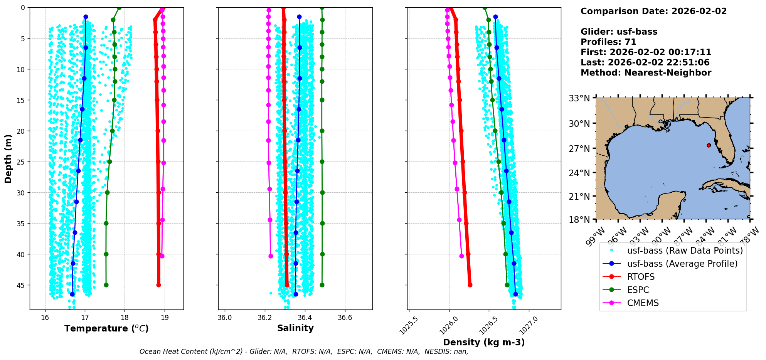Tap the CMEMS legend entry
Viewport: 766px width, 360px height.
(643, 303)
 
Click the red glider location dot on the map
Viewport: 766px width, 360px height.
(709, 145)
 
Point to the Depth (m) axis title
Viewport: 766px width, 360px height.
(8, 159)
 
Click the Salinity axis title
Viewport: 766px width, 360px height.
(295, 328)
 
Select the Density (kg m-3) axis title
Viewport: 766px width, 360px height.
(484, 342)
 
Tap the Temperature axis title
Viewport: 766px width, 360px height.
(106, 328)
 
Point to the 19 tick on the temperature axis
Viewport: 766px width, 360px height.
(165, 318)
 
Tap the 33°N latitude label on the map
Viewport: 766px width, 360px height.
(579, 98)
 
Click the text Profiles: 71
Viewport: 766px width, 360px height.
(608, 42)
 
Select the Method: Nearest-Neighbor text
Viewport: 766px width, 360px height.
(646, 72)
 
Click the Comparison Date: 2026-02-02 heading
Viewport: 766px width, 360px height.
(653, 11)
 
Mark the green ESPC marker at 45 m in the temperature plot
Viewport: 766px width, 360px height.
(106, 285)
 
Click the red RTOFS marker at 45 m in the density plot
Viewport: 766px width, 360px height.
(470, 285)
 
